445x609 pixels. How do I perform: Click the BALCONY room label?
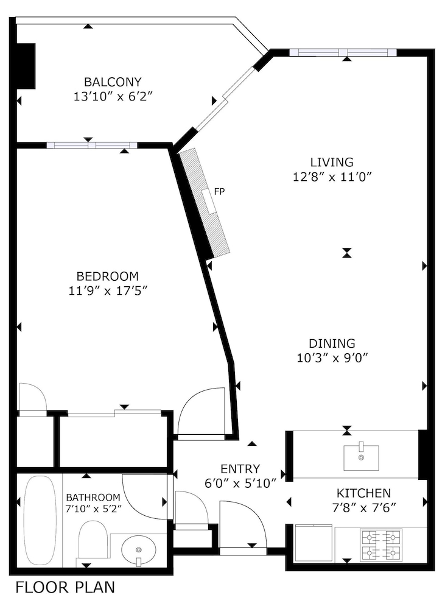(x=113, y=82)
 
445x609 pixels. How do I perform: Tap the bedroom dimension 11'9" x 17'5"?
(x=108, y=290)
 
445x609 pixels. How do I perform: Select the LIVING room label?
(x=332, y=162)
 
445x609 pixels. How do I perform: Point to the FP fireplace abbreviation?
(x=220, y=192)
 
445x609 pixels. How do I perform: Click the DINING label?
(x=332, y=343)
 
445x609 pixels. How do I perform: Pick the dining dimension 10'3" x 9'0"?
(x=332, y=358)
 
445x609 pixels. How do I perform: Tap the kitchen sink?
(x=361, y=457)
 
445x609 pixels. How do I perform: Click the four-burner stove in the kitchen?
(x=382, y=544)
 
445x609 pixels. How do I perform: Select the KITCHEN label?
(x=363, y=493)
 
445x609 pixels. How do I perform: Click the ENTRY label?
(x=240, y=469)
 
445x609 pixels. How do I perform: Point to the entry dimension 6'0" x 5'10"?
(x=240, y=484)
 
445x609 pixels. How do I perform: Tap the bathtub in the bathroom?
(x=40, y=520)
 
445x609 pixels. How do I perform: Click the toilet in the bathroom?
(x=93, y=541)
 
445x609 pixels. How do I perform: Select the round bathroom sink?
(x=139, y=550)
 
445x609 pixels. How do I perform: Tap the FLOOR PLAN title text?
(x=65, y=588)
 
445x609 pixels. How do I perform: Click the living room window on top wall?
(x=343, y=52)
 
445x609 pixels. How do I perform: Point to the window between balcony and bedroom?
(x=91, y=145)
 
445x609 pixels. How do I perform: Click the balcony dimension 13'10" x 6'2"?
(x=113, y=96)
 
